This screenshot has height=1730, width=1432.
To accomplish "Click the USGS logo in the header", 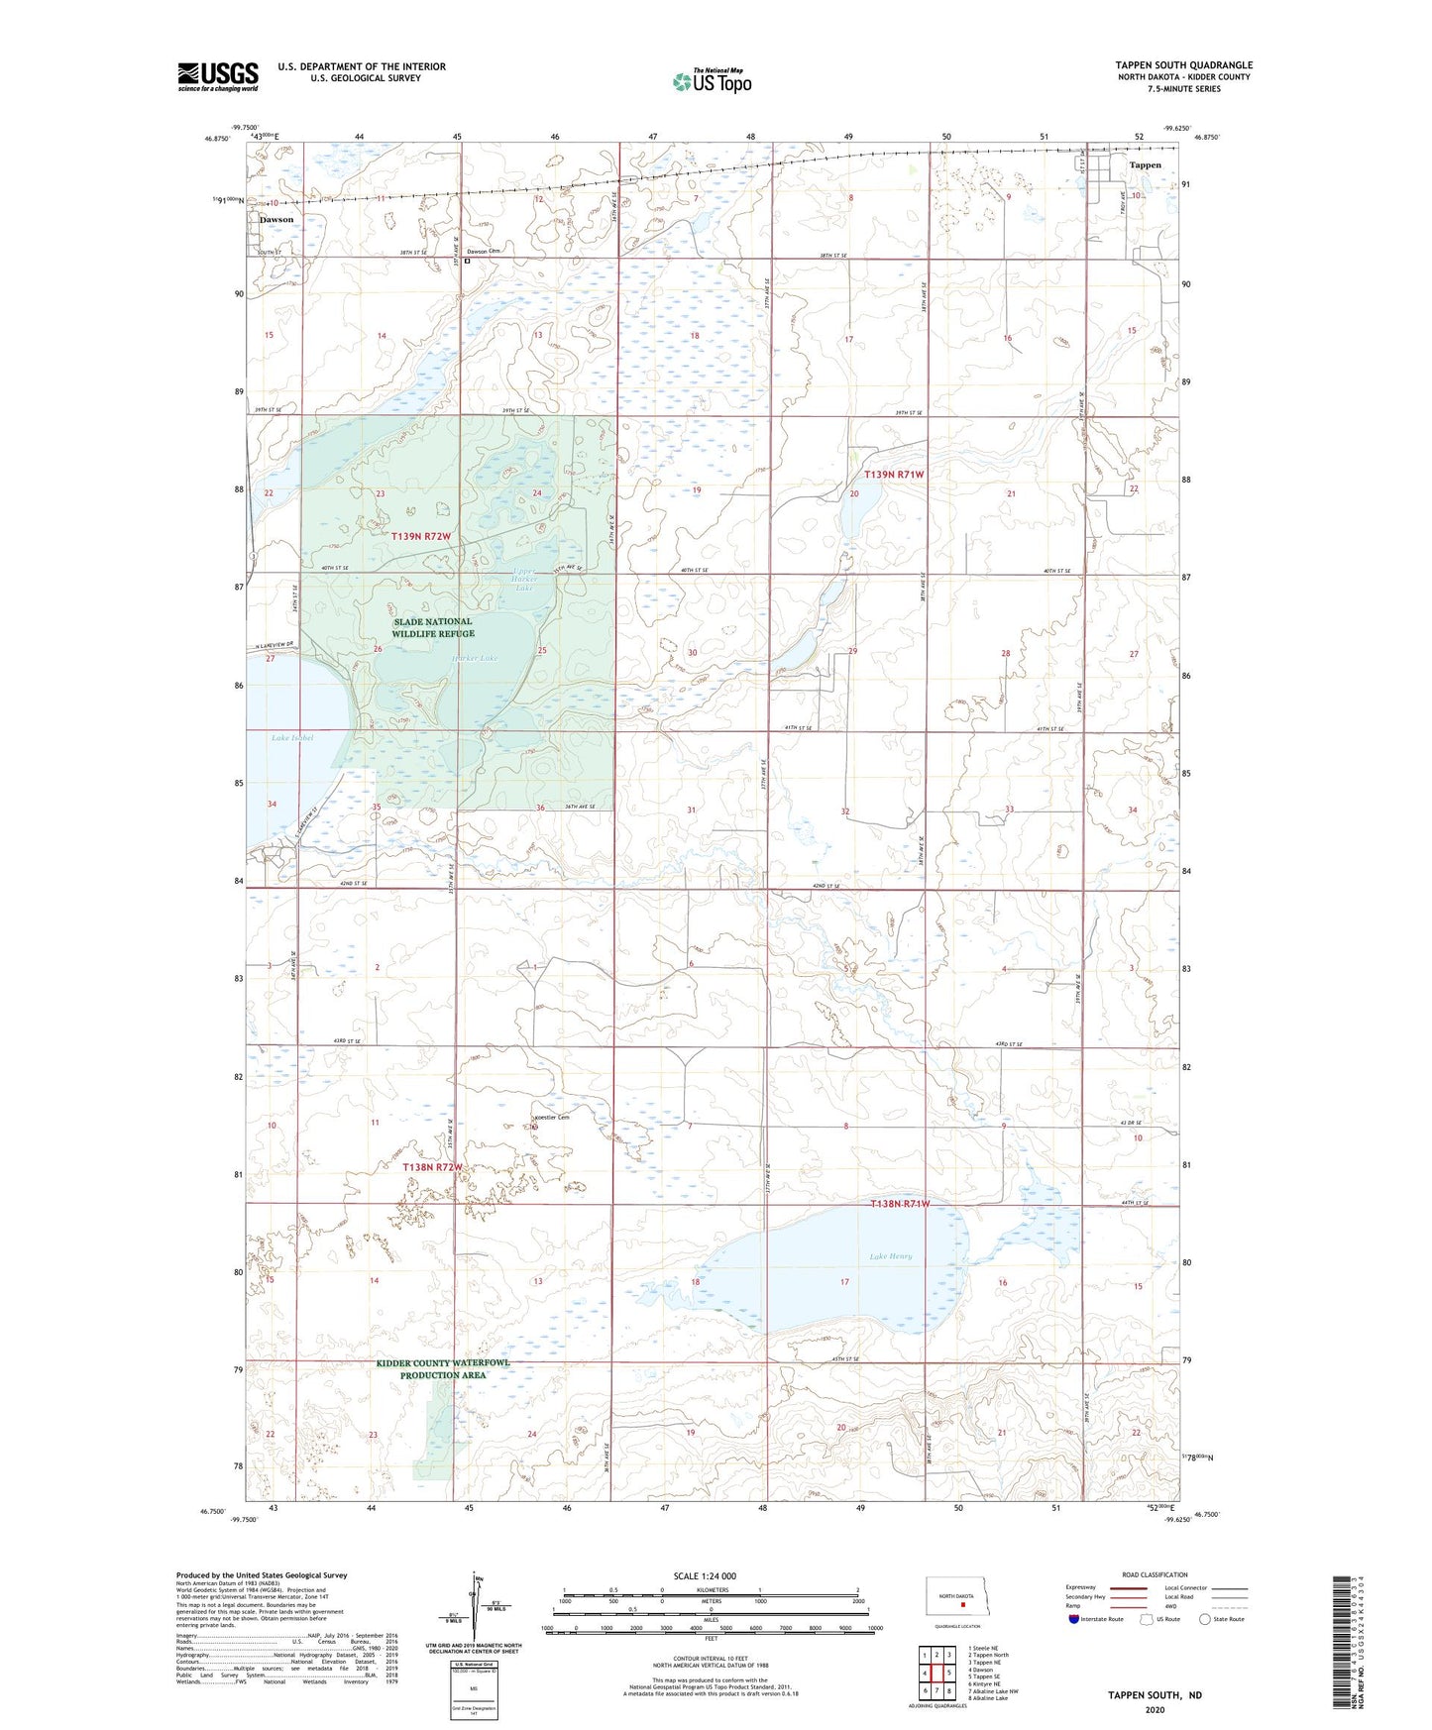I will (218, 76).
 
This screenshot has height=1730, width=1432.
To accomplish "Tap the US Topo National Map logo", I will (711, 81).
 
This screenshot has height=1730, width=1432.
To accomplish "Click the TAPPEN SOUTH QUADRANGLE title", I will (1183, 65).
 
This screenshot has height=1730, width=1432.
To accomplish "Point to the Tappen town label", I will (1145, 165).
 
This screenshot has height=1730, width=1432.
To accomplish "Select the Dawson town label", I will (276, 219).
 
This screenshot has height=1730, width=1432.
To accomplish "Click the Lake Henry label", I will (890, 1256).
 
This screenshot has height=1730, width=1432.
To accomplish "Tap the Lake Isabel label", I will (292, 738).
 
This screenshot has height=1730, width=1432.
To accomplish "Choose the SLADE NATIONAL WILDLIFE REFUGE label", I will (432, 627).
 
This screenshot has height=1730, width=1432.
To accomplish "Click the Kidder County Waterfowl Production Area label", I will (443, 1369).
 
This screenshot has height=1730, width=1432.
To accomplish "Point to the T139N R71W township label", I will (894, 475).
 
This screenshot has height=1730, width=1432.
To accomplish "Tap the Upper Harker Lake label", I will (524, 582).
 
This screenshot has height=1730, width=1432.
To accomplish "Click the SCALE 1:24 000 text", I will (705, 1576).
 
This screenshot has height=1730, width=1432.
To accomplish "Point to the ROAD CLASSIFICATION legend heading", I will (1155, 1574).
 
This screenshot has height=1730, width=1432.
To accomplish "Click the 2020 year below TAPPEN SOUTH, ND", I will (1155, 1709).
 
